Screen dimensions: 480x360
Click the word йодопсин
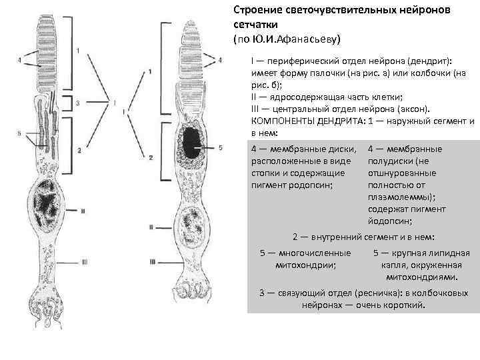coord(389,220)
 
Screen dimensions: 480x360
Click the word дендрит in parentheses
coord(429,61)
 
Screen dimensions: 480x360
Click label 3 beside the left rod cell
coord(78,103)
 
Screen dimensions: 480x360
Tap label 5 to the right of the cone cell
coord(220,147)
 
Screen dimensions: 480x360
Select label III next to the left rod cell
coord(84,261)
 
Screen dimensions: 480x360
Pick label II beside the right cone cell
coord(153,227)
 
